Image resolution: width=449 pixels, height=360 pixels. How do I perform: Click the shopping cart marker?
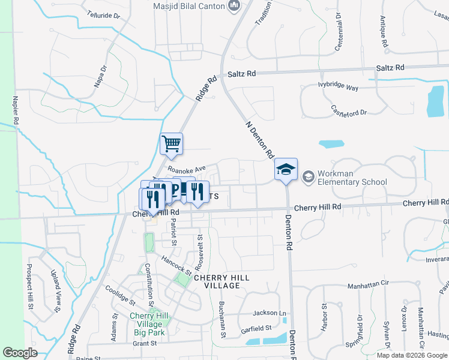coord(172,143)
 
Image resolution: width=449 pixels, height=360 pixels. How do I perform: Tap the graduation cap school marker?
coord(286,169)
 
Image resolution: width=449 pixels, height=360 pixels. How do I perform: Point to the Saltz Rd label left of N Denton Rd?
coord(242,73)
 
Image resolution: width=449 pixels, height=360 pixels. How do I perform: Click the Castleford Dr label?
coord(349,110)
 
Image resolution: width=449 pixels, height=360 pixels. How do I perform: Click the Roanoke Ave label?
coord(187,169)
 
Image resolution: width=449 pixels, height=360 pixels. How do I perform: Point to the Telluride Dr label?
coord(100,14)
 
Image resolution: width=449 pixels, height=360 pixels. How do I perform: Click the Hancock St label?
coord(176,264)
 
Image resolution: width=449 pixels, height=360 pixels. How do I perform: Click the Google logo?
coord(20,352)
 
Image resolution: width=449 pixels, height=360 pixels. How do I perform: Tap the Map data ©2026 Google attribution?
coord(411,355)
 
